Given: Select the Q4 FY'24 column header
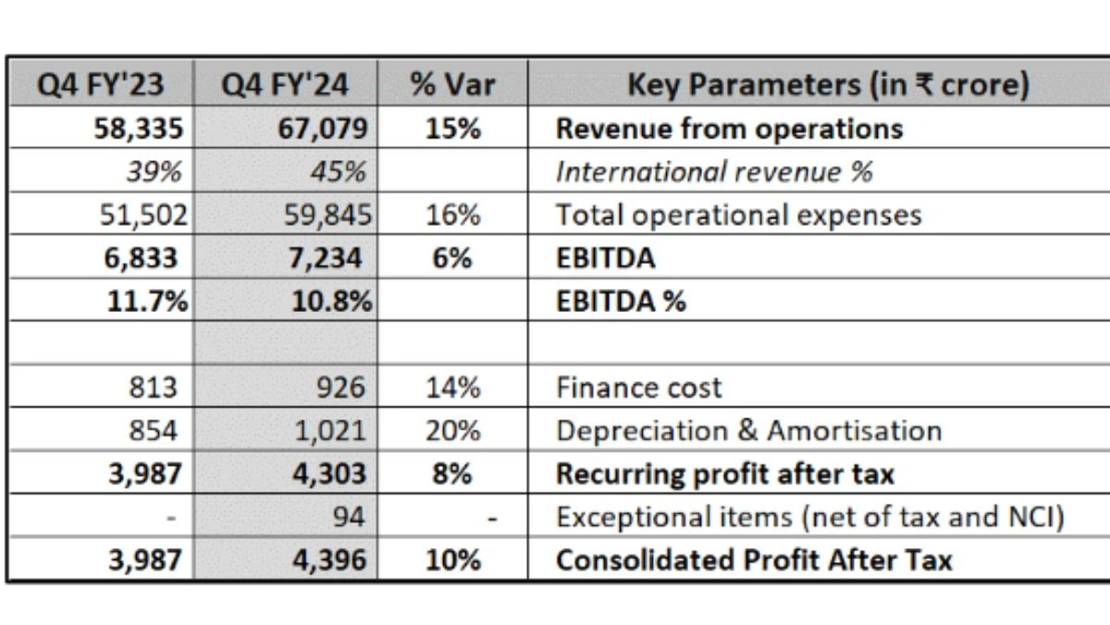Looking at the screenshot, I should [x=285, y=85].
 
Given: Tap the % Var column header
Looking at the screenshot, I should [x=452, y=85].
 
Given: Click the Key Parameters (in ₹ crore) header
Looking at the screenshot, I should [x=828, y=85].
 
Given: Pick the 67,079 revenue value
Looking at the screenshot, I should [x=321, y=129].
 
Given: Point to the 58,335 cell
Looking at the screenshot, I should [x=136, y=129].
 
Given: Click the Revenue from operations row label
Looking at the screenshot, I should [x=729, y=129].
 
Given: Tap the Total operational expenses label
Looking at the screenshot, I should [x=738, y=215].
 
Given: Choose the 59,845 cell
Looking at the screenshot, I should [x=327, y=215].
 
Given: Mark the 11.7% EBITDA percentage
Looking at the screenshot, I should [x=142, y=301].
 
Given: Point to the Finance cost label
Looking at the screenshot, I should [x=638, y=387].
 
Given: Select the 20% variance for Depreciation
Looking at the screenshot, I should [x=452, y=431].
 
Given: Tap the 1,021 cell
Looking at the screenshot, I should [x=330, y=431].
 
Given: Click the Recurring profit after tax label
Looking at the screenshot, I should [x=724, y=474].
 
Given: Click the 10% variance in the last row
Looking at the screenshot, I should [x=452, y=560].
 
